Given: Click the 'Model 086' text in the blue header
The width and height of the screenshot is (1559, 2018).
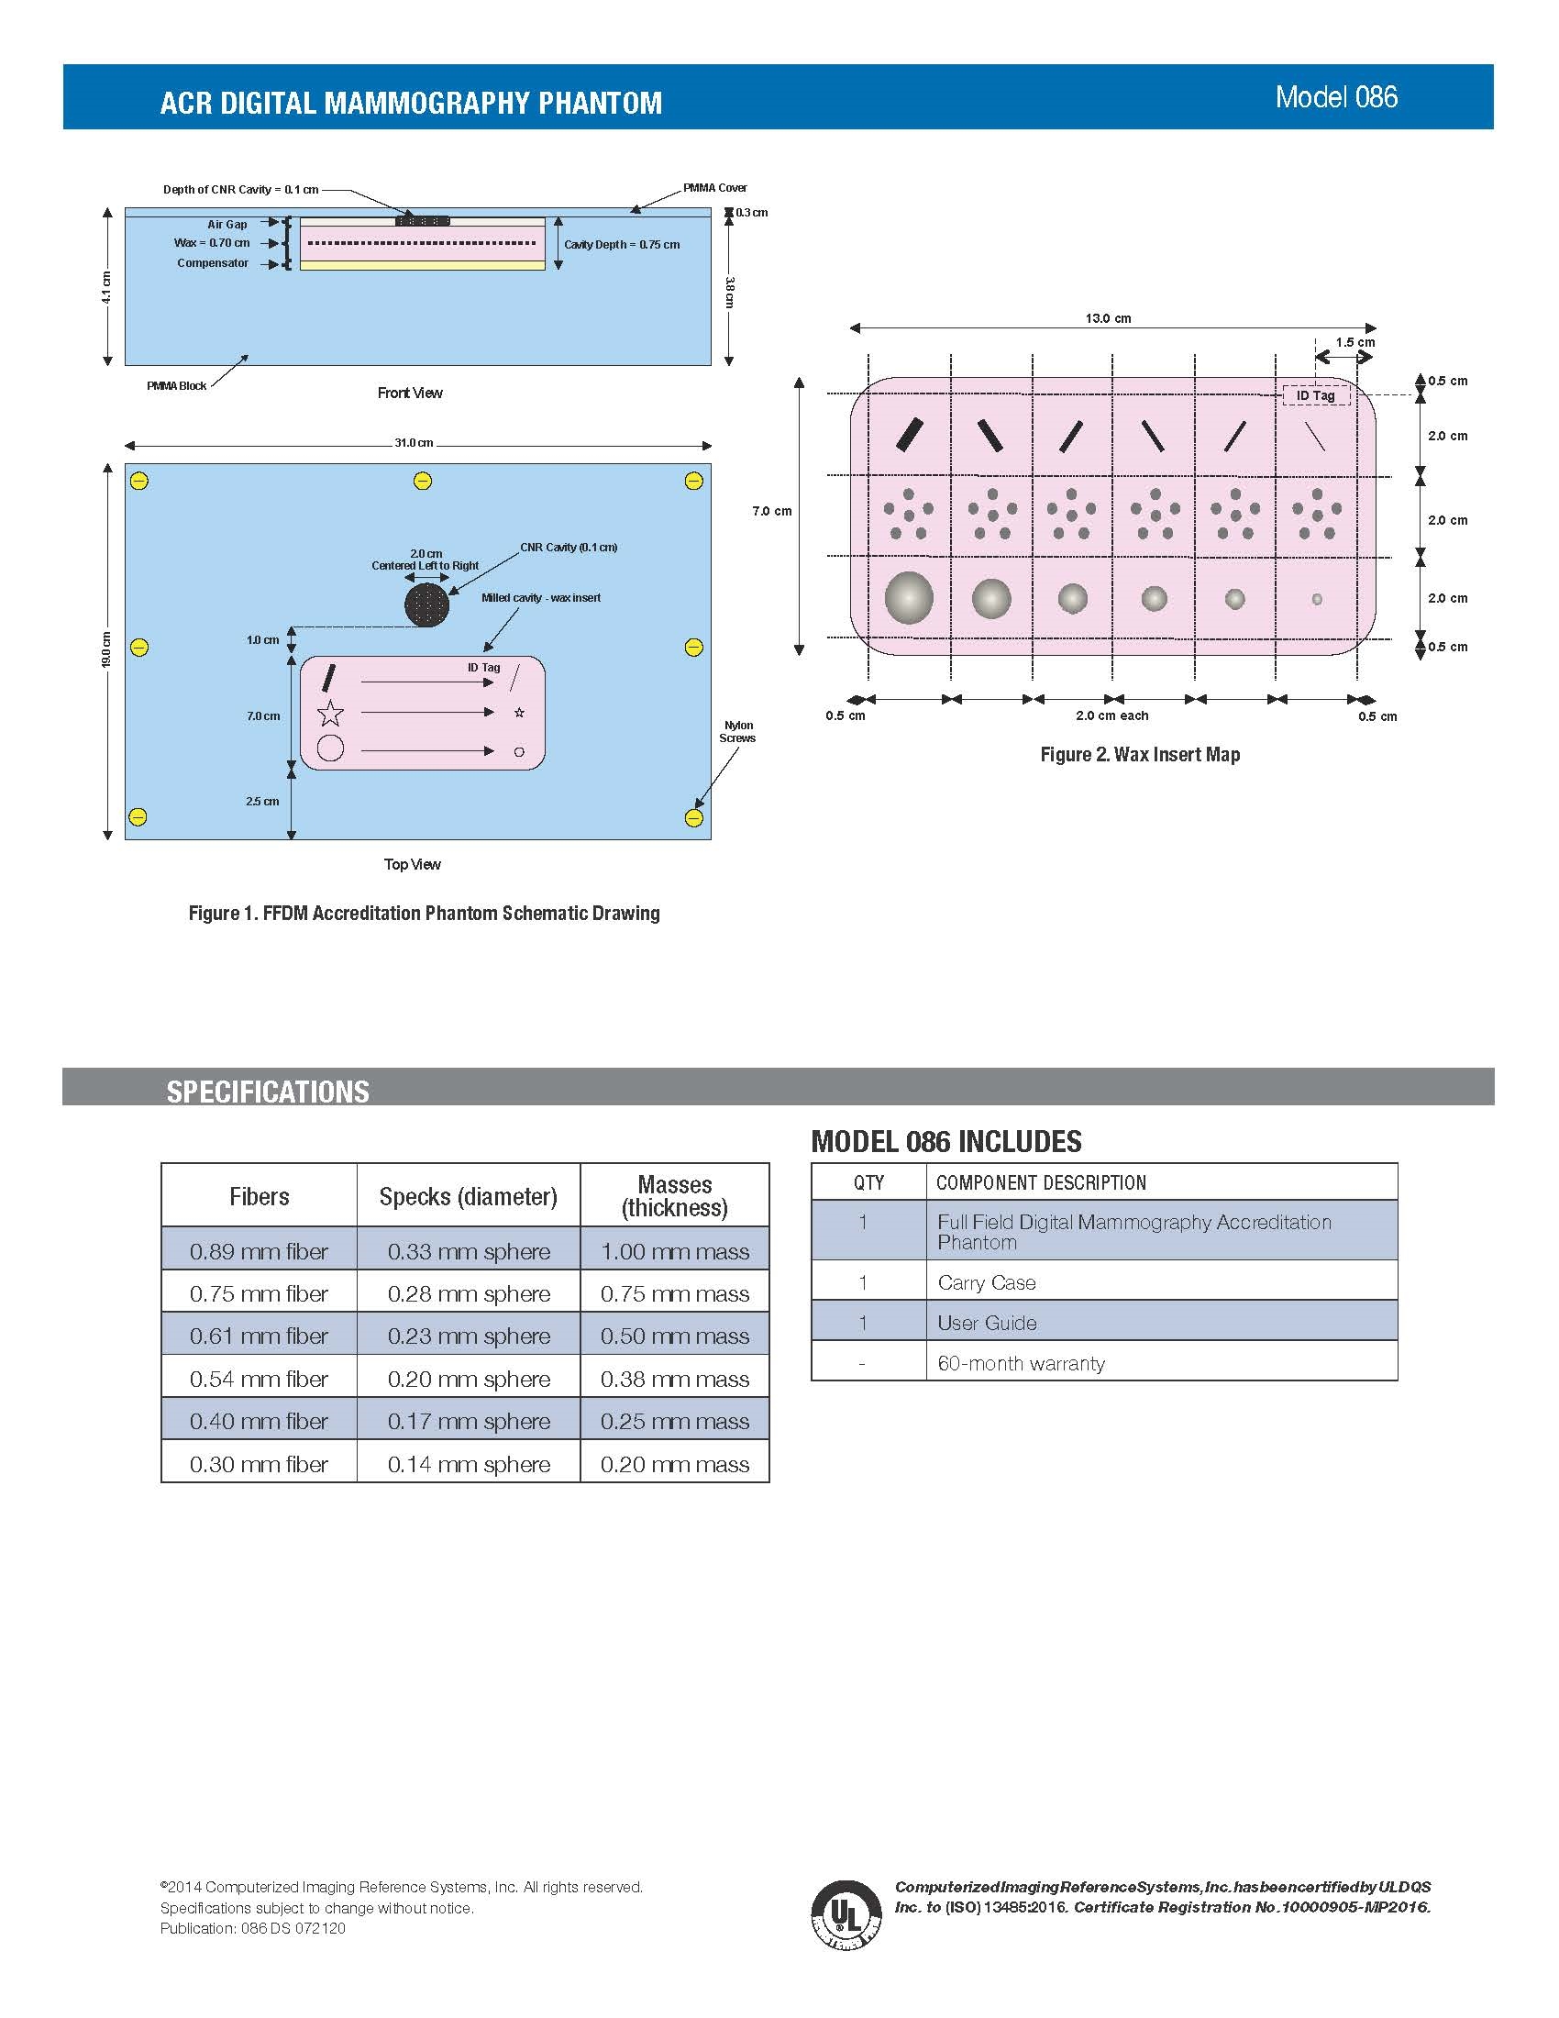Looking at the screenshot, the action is point(1336,97).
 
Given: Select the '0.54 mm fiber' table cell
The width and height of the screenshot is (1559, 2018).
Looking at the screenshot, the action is point(259,1379).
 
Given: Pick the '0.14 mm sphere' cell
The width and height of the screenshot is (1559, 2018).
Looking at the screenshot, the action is point(470,1464).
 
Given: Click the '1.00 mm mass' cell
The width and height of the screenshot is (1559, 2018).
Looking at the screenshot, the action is point(675,1251).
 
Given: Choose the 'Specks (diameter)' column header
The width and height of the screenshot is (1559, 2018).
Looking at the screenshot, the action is point(469,1196).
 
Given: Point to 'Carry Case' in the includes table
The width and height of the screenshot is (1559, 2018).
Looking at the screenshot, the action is point(987,1282).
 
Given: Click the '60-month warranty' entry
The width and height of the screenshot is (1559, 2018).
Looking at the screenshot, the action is point(1021,1363).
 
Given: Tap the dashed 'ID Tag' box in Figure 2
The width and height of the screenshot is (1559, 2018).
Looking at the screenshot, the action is point(1316,395).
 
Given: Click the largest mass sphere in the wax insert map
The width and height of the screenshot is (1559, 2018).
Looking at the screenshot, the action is point(909,598).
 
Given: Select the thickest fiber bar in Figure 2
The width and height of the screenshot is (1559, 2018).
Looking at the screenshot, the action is point(910,435).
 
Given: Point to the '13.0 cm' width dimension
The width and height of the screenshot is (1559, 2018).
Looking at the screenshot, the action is point(1109,319).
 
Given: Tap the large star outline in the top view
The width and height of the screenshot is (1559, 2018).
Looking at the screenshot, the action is point(331,713).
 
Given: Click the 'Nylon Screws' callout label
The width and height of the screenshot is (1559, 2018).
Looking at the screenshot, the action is point(738,732).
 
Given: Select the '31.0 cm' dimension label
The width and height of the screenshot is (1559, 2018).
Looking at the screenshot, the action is point(414,443).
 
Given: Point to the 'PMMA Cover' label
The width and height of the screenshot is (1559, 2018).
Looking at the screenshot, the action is point(715,187).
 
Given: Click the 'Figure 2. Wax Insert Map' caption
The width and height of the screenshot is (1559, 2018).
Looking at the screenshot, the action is point(1140,755).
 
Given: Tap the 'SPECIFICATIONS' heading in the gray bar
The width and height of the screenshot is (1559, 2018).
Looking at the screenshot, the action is point(268,1092).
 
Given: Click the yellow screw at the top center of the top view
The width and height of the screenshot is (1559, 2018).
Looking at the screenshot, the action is point(422,481).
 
